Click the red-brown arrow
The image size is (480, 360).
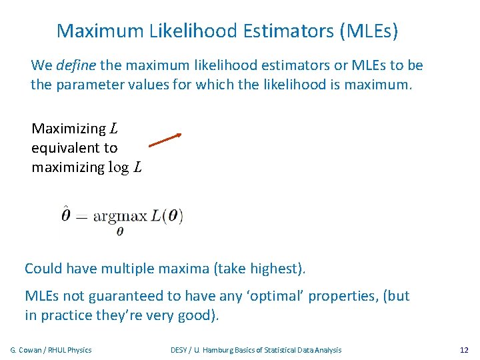(165, 139)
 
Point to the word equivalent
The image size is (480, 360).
(74, 148)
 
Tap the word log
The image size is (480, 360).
(119, 167)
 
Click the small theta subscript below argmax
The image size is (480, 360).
(120, 231)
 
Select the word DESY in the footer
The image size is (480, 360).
(179, 350)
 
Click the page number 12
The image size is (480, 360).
(464, 350)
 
